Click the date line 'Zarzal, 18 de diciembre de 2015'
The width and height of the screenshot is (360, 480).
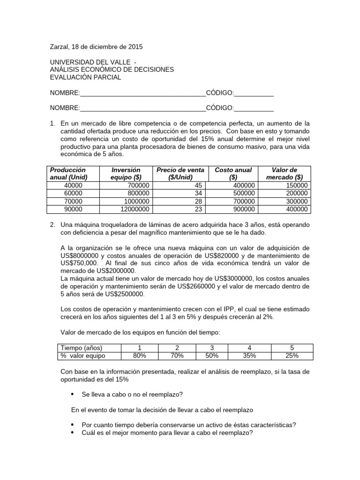click(96, 47)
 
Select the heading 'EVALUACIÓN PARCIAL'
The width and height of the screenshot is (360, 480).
click(85, 77)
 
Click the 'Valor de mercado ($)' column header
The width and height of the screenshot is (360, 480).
click(284, 173)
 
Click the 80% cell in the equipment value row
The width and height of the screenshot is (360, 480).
click(139, 356)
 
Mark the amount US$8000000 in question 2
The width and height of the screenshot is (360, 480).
click(83, 255)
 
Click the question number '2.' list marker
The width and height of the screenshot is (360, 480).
click(53, 225)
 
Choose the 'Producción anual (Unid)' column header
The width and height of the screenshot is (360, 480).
click(68, 173)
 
